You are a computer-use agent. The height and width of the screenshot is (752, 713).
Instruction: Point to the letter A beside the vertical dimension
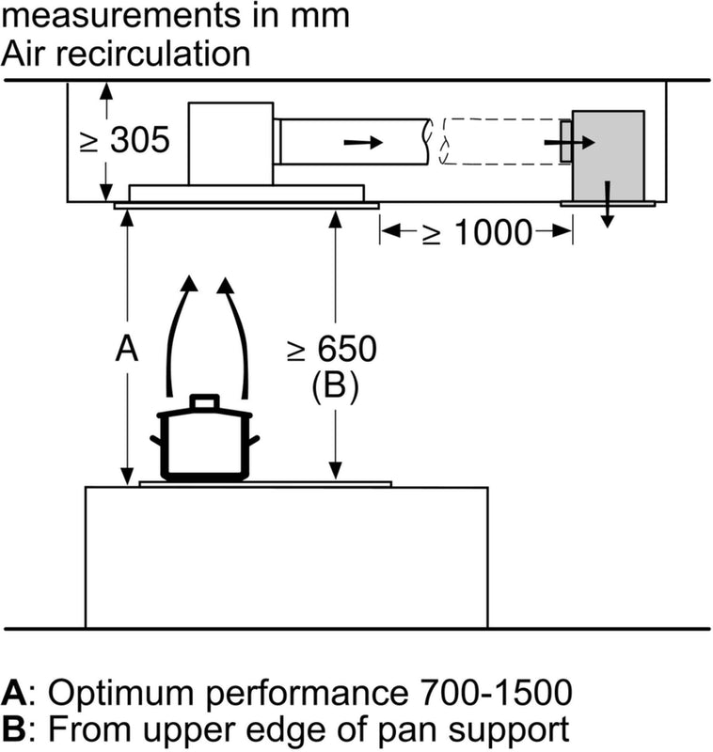tap(126, 350)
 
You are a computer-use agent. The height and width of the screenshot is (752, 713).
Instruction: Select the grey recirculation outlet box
tap(608, 155)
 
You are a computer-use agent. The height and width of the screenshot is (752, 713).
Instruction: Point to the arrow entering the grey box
tap(570, 142)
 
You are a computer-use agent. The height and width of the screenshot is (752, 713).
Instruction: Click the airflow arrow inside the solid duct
tap(363, 142)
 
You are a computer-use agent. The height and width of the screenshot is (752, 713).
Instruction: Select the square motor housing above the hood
tap(231, 142)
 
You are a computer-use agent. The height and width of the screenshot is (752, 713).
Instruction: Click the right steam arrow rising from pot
tap(235, 329)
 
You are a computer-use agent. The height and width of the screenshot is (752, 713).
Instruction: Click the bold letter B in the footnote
tap(13, 728)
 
